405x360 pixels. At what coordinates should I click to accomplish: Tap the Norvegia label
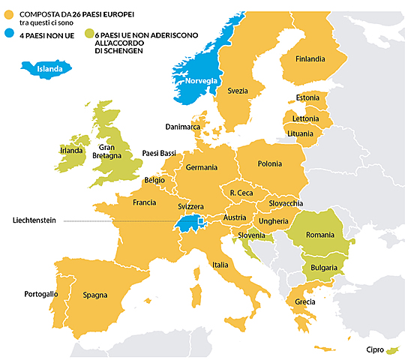pyautogui.click(x=202, y=80)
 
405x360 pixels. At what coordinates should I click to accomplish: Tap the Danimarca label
pyautogui.click(x=184, y=127)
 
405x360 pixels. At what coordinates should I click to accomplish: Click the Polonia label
pyautogui.click(x=270, y=163)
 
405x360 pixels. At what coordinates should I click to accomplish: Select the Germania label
pyautogui.click(x=202, y=166)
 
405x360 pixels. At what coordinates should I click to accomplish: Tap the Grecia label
pyautogui.click(x=305, y=302)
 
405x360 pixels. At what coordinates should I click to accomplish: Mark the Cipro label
pyautogui.click(x=375, y=350)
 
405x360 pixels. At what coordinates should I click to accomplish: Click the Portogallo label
pyautogui.click(x=40, y=293)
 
